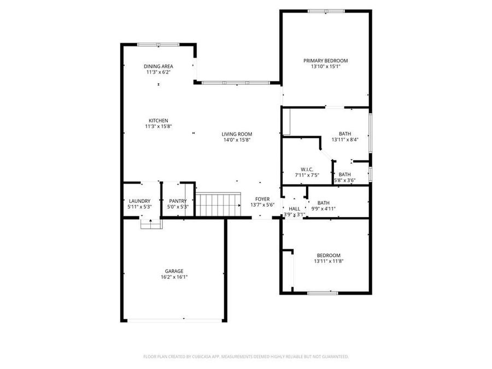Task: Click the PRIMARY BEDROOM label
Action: coord(326,61)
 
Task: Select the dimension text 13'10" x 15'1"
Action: coord(326,67)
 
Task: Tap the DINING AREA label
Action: coord(159,66)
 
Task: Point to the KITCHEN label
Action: coord(159,121)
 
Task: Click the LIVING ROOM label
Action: coord(237,134)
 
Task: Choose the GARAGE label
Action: coord(174,271)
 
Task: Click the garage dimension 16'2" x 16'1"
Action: coord(174,277)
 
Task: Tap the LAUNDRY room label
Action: coord(139,201)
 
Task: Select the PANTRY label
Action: coord(178,201)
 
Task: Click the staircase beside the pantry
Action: coord(219,204)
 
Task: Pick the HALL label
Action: coord(294,209)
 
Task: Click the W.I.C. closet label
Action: coord(306,169)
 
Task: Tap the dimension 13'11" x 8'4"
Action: coord(345,139)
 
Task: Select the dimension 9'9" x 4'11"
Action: coord(324,208)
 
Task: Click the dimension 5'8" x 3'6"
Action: coord(345,180)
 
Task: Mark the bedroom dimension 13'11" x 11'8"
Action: coord(329,261)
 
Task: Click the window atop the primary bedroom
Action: coord(326,11)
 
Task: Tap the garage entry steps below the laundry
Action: coord(151,224)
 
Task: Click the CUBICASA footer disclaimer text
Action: coord(246,356)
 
